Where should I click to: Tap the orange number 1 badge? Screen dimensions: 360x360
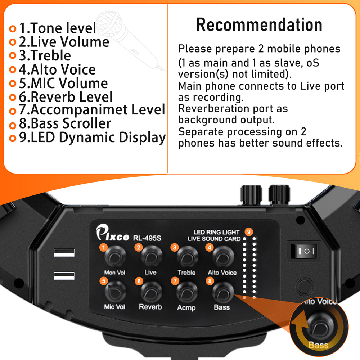pyautogui.click(x=104, y=247)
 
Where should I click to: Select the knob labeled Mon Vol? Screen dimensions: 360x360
pyautogui.click(x=115, y=256)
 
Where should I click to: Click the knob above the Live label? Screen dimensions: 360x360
pyautogui.click(x=152, y=256)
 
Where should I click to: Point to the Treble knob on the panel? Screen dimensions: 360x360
pyautogui.click(x=187, y=257)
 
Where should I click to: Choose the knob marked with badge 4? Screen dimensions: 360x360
pyautogui.click(x=223, y=256)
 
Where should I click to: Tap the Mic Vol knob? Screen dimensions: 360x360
pyautogui.click(x=115, y=291)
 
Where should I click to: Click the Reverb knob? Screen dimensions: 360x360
pyautogui.click(x=151, y=291)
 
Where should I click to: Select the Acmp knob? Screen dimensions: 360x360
pyautogui.click(x=187, y=292)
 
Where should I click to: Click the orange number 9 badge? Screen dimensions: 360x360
pyautogui.click(x=249, y=231)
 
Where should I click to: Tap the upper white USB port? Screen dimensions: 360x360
pyautogui.click(x=64, y=253)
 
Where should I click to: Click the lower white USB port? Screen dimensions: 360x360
pyautogui.click(x=64, y=275)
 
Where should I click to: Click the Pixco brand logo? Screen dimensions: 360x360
pyautogui.click(x=112, y=232)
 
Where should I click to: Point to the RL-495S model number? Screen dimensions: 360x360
pyautogui.click(x=147, y=238)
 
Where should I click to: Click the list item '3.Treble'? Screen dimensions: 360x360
pyautogui.click(x=45, y=55)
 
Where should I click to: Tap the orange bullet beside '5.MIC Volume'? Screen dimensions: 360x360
pyautogui.click(x=13, y=84)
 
